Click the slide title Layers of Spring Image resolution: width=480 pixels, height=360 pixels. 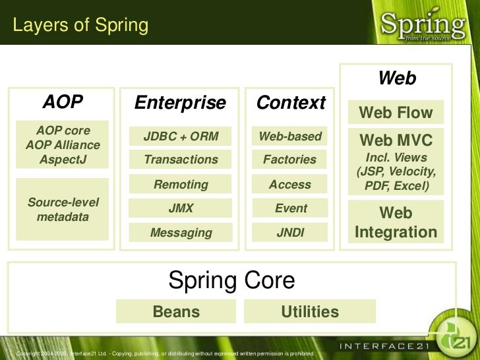[81, 26]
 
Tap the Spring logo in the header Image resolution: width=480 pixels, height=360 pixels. [423, 26]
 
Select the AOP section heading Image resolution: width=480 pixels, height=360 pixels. [63, 102]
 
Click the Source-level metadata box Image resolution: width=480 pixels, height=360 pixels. [63, 209]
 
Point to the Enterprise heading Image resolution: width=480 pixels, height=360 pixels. [180, 103]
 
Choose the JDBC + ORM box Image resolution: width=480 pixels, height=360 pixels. [180, 136]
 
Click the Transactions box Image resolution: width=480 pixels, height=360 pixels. [180, 160]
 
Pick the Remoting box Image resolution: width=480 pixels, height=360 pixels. [180, 185]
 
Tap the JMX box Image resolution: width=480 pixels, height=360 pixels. [180, 208]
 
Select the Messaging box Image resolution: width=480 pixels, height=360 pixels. [180, 232]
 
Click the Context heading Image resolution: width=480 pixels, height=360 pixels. [291, 103]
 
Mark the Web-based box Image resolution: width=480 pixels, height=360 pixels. [290, 136]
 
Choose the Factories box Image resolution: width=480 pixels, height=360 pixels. [290, 160]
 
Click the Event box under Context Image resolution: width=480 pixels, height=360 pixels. [290, 208]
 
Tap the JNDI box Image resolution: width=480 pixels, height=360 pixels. [290, 232]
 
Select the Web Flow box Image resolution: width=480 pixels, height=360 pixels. [396, 113]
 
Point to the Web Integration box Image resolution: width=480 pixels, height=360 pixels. [396, 222]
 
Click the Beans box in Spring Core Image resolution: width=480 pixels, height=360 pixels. [176, 311]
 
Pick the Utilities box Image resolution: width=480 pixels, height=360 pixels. [310, 311]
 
